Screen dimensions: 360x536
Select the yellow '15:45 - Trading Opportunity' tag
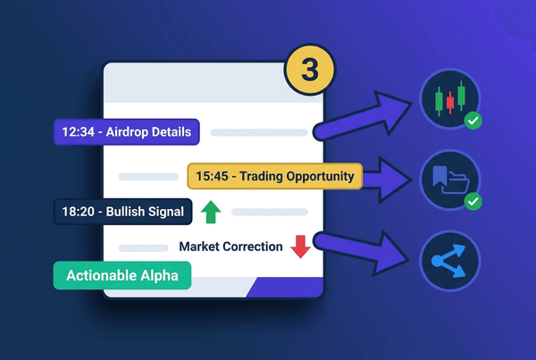[x=274, y=176]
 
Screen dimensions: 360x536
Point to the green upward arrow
[x=211, y=213]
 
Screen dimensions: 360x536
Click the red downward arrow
[x=300, y=247]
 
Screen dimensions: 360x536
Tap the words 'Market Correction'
[x=230, y=247]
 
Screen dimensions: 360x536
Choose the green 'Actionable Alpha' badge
[x=121, y=276]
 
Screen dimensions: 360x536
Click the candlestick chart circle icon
[x=448, y=99]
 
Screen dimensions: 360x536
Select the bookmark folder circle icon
[x=448, y=180]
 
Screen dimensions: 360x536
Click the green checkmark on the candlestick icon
[x=474, y=119]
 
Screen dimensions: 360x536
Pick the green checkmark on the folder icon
[x=474, y=203]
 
